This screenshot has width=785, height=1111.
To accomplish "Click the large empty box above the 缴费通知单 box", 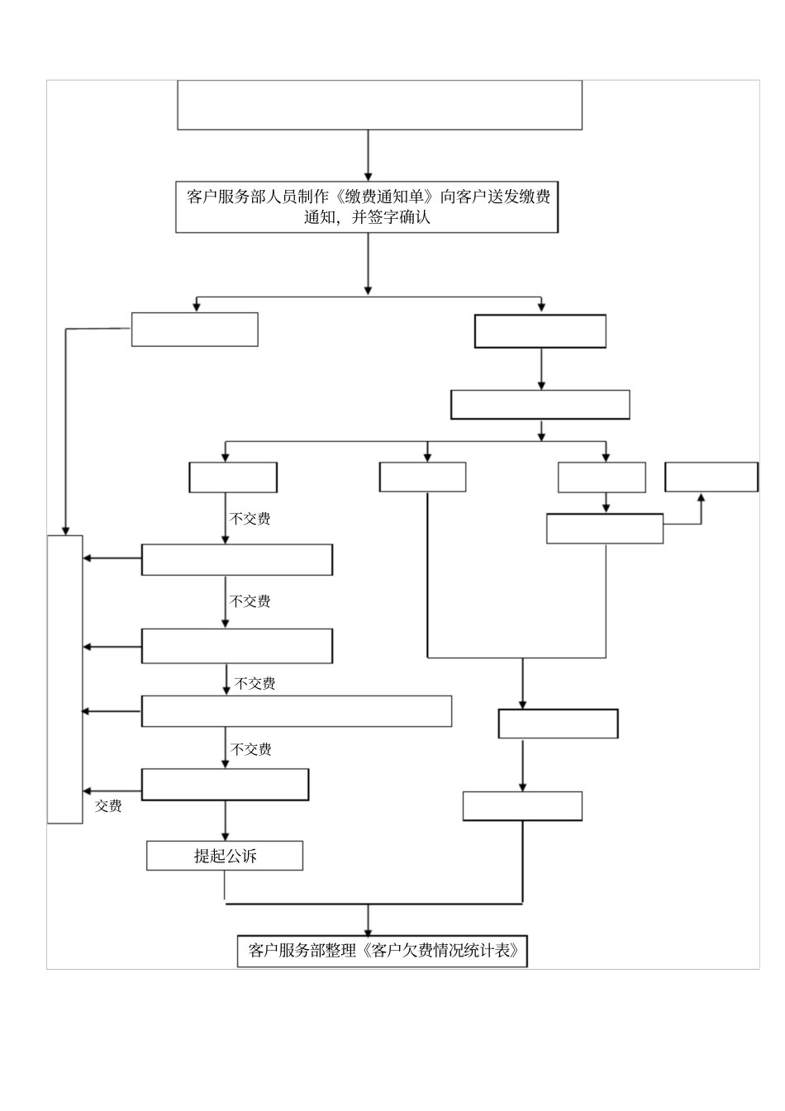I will (379, 105).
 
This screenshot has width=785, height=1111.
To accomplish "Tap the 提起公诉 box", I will (225, 856).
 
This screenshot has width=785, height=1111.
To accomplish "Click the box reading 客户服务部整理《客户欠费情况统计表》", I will (383, 950).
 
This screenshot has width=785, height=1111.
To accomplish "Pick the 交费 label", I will (108, 805).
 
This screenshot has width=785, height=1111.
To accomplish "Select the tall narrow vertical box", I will (64, 679).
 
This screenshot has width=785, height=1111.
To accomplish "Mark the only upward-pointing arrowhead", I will (702, 497).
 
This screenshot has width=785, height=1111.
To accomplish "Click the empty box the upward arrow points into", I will (711, 477).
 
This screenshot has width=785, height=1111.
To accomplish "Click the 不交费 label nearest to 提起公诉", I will (251, 749).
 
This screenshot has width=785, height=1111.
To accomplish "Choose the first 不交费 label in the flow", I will (250, 519).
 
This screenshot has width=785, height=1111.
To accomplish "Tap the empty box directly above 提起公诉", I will (225, 785).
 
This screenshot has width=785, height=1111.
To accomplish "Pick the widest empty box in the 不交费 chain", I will (297, 711).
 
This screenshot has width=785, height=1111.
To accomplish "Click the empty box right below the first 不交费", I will (237, 559).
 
